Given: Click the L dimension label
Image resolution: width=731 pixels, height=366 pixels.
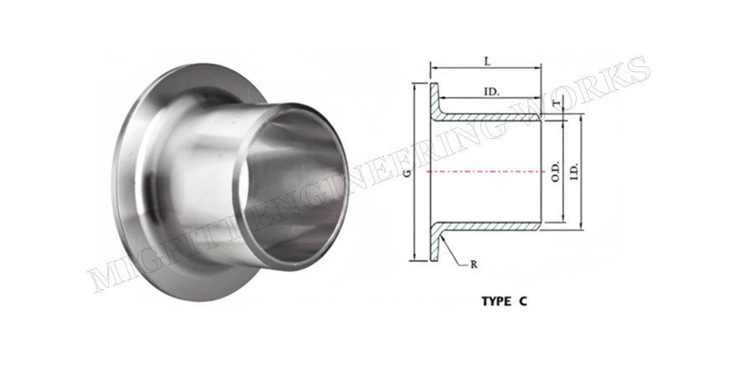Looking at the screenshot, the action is coord(488,61).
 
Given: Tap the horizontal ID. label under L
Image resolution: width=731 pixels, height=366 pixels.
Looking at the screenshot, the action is coord(491,92).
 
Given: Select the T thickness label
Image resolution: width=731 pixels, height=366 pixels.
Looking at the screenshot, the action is coord(555,103).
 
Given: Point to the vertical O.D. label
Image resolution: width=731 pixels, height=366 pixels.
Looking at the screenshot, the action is coord(556,172).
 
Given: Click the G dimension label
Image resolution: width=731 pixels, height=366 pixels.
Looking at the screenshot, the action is coord(407,173).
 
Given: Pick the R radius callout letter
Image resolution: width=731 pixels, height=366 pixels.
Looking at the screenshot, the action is coord(474,265).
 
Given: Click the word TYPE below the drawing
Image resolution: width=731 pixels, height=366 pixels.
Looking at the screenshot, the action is coord(497,302).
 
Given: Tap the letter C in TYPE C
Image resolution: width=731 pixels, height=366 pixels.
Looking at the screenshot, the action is coord(523,302).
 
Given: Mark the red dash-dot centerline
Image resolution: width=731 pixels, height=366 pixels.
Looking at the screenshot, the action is coord(486,172).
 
